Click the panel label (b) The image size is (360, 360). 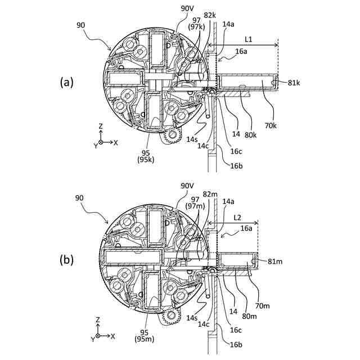pos(66,260)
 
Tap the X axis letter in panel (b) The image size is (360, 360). pos(113,336)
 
